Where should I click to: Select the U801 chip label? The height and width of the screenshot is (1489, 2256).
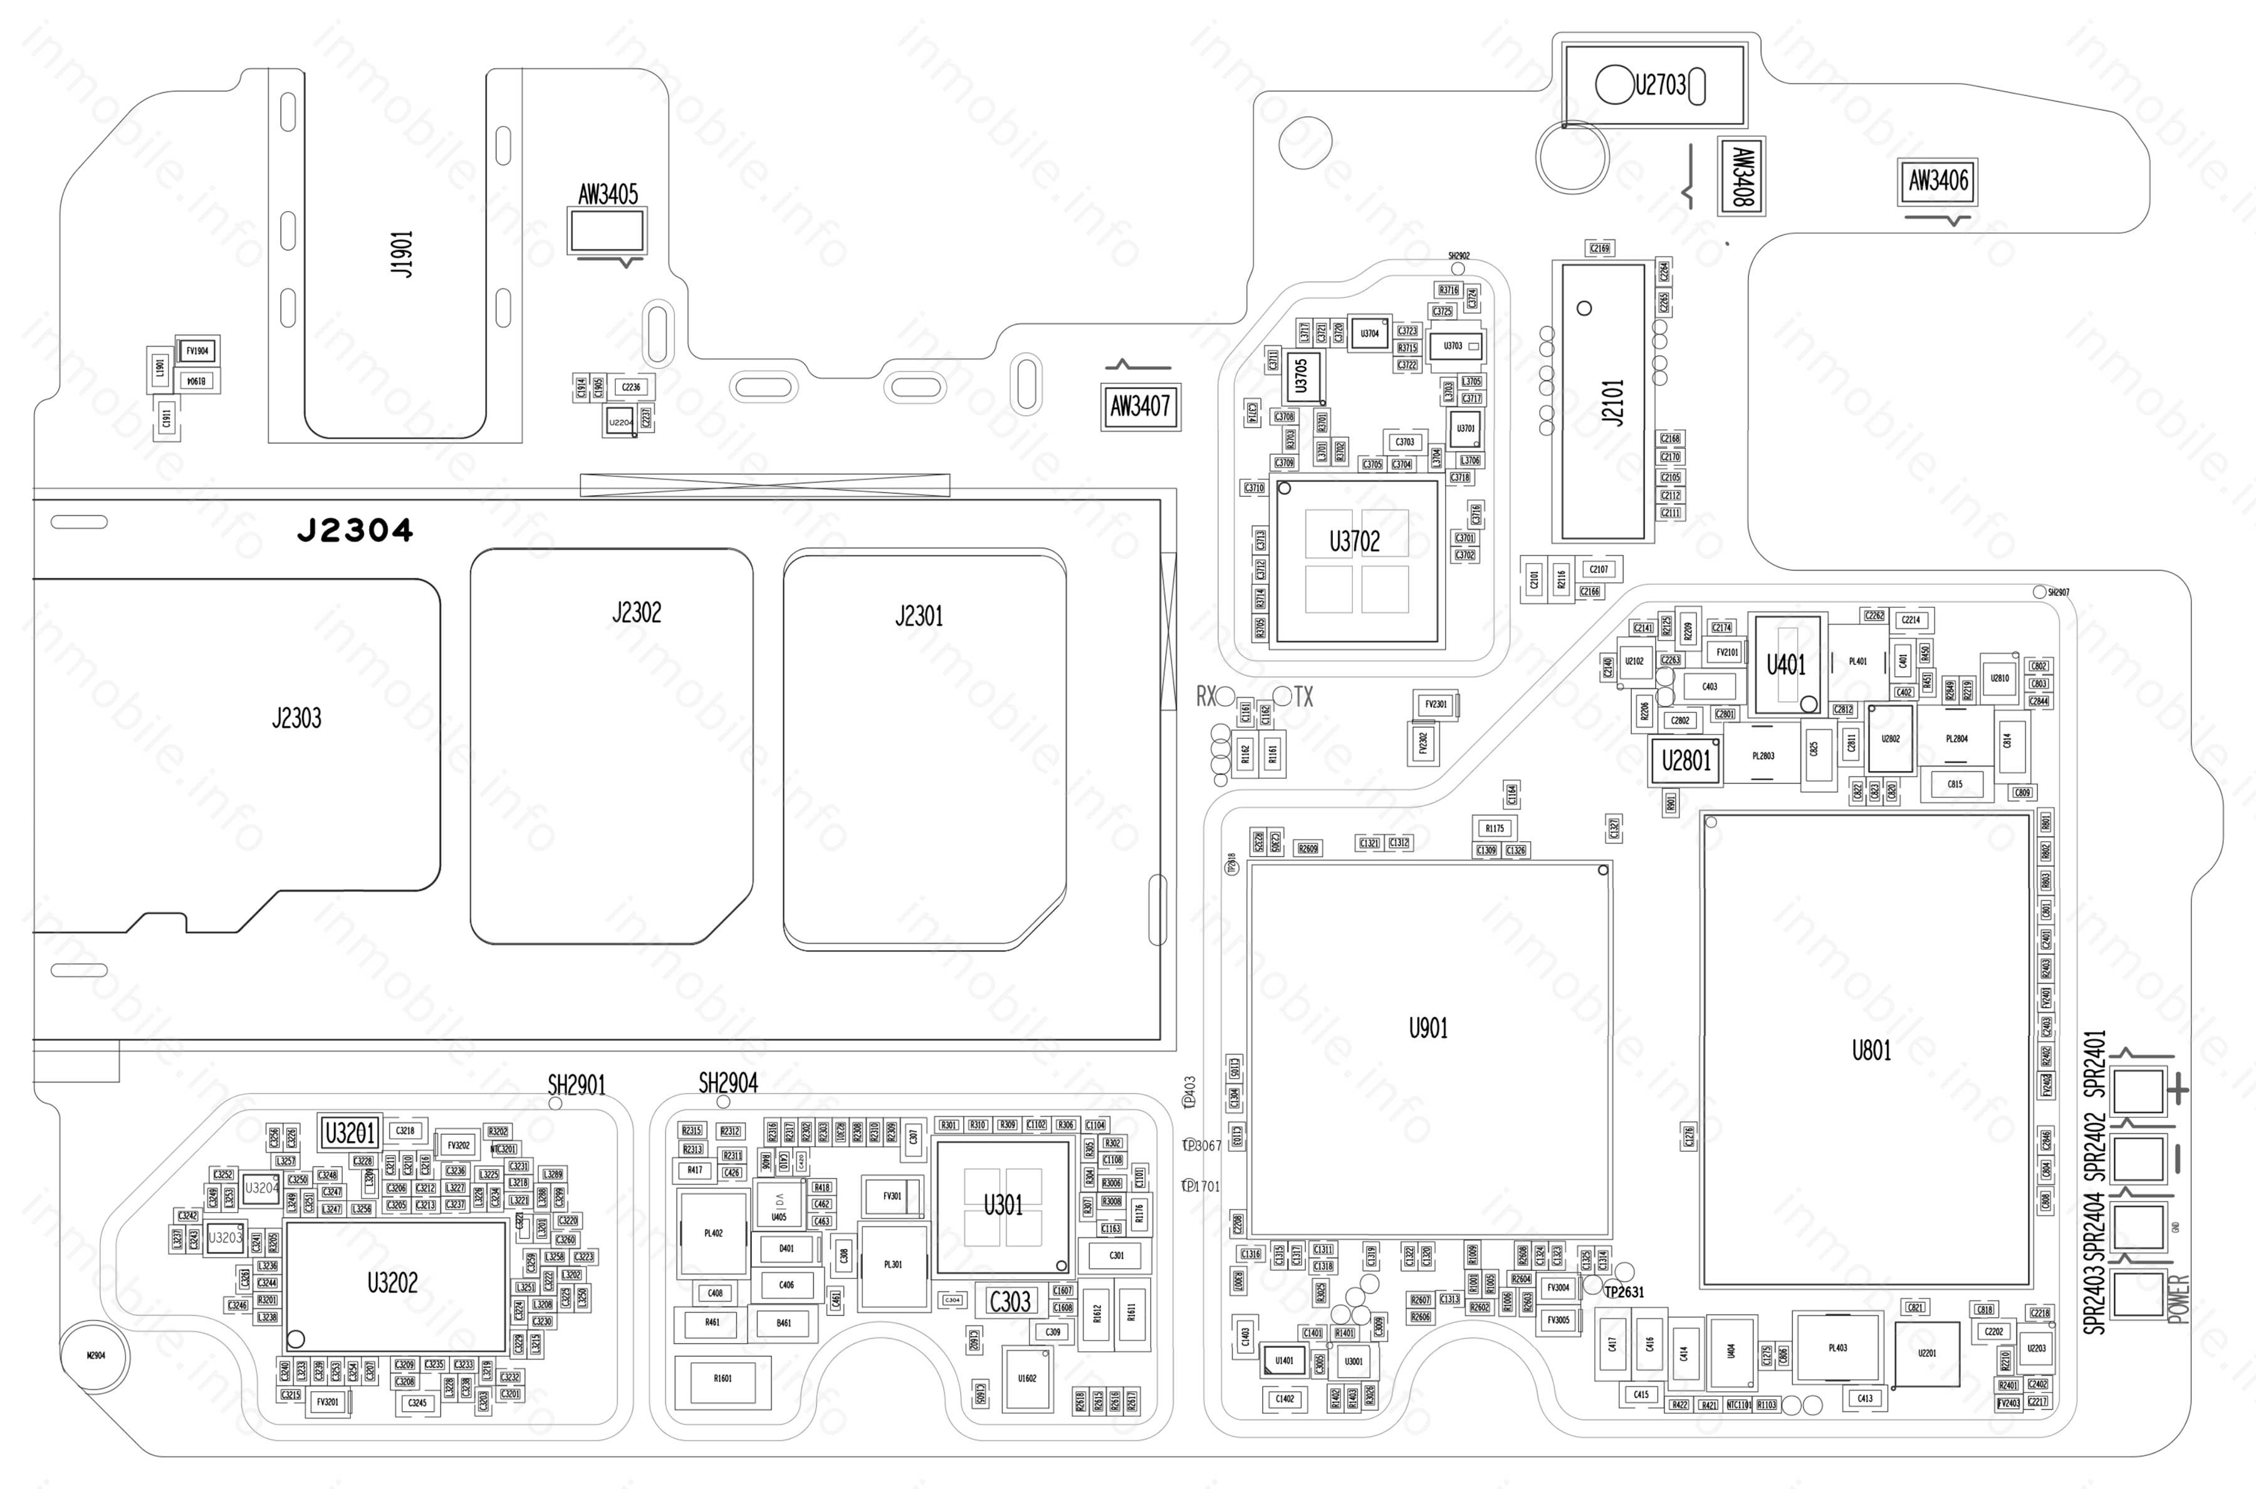point(1871,1050)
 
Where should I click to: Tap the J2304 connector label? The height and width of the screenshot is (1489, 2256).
point(355,531)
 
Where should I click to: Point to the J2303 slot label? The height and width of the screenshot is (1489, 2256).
point(296,718)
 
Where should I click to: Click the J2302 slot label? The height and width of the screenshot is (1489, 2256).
point(636,612)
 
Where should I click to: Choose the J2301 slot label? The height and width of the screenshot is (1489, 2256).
point(919,616)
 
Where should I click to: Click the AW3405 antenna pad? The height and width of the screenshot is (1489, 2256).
point(607,231)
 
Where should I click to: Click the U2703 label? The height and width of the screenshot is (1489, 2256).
point(1659,85)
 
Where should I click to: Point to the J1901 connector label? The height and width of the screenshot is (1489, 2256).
point(402,254)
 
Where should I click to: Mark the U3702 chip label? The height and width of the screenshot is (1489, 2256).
point(1354,542)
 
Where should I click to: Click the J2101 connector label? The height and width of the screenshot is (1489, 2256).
point(1613,402)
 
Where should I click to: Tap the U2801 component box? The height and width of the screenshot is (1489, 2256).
point(1685,761)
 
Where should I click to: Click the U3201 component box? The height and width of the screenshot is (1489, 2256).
point(350,1133)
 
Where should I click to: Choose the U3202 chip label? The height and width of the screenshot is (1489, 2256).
point(392,1283)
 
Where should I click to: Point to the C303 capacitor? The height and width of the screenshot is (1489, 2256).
point(1010,1301)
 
